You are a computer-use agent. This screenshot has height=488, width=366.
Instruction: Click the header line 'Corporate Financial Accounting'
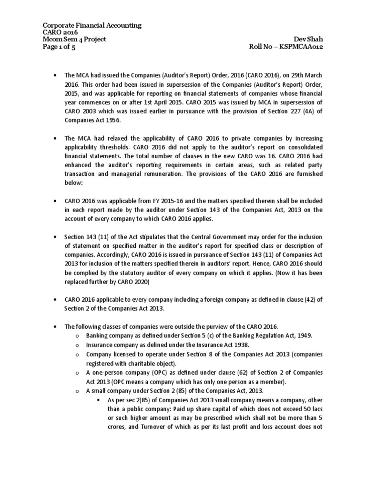click(92, 25)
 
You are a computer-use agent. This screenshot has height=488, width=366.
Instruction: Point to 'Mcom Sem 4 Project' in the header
click(74, 40)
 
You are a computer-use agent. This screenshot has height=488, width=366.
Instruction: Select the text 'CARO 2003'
click(80, 112)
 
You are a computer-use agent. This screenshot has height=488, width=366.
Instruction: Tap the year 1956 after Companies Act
click(112, 121)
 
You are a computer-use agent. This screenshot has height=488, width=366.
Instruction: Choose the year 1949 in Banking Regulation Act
click(303, 335)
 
